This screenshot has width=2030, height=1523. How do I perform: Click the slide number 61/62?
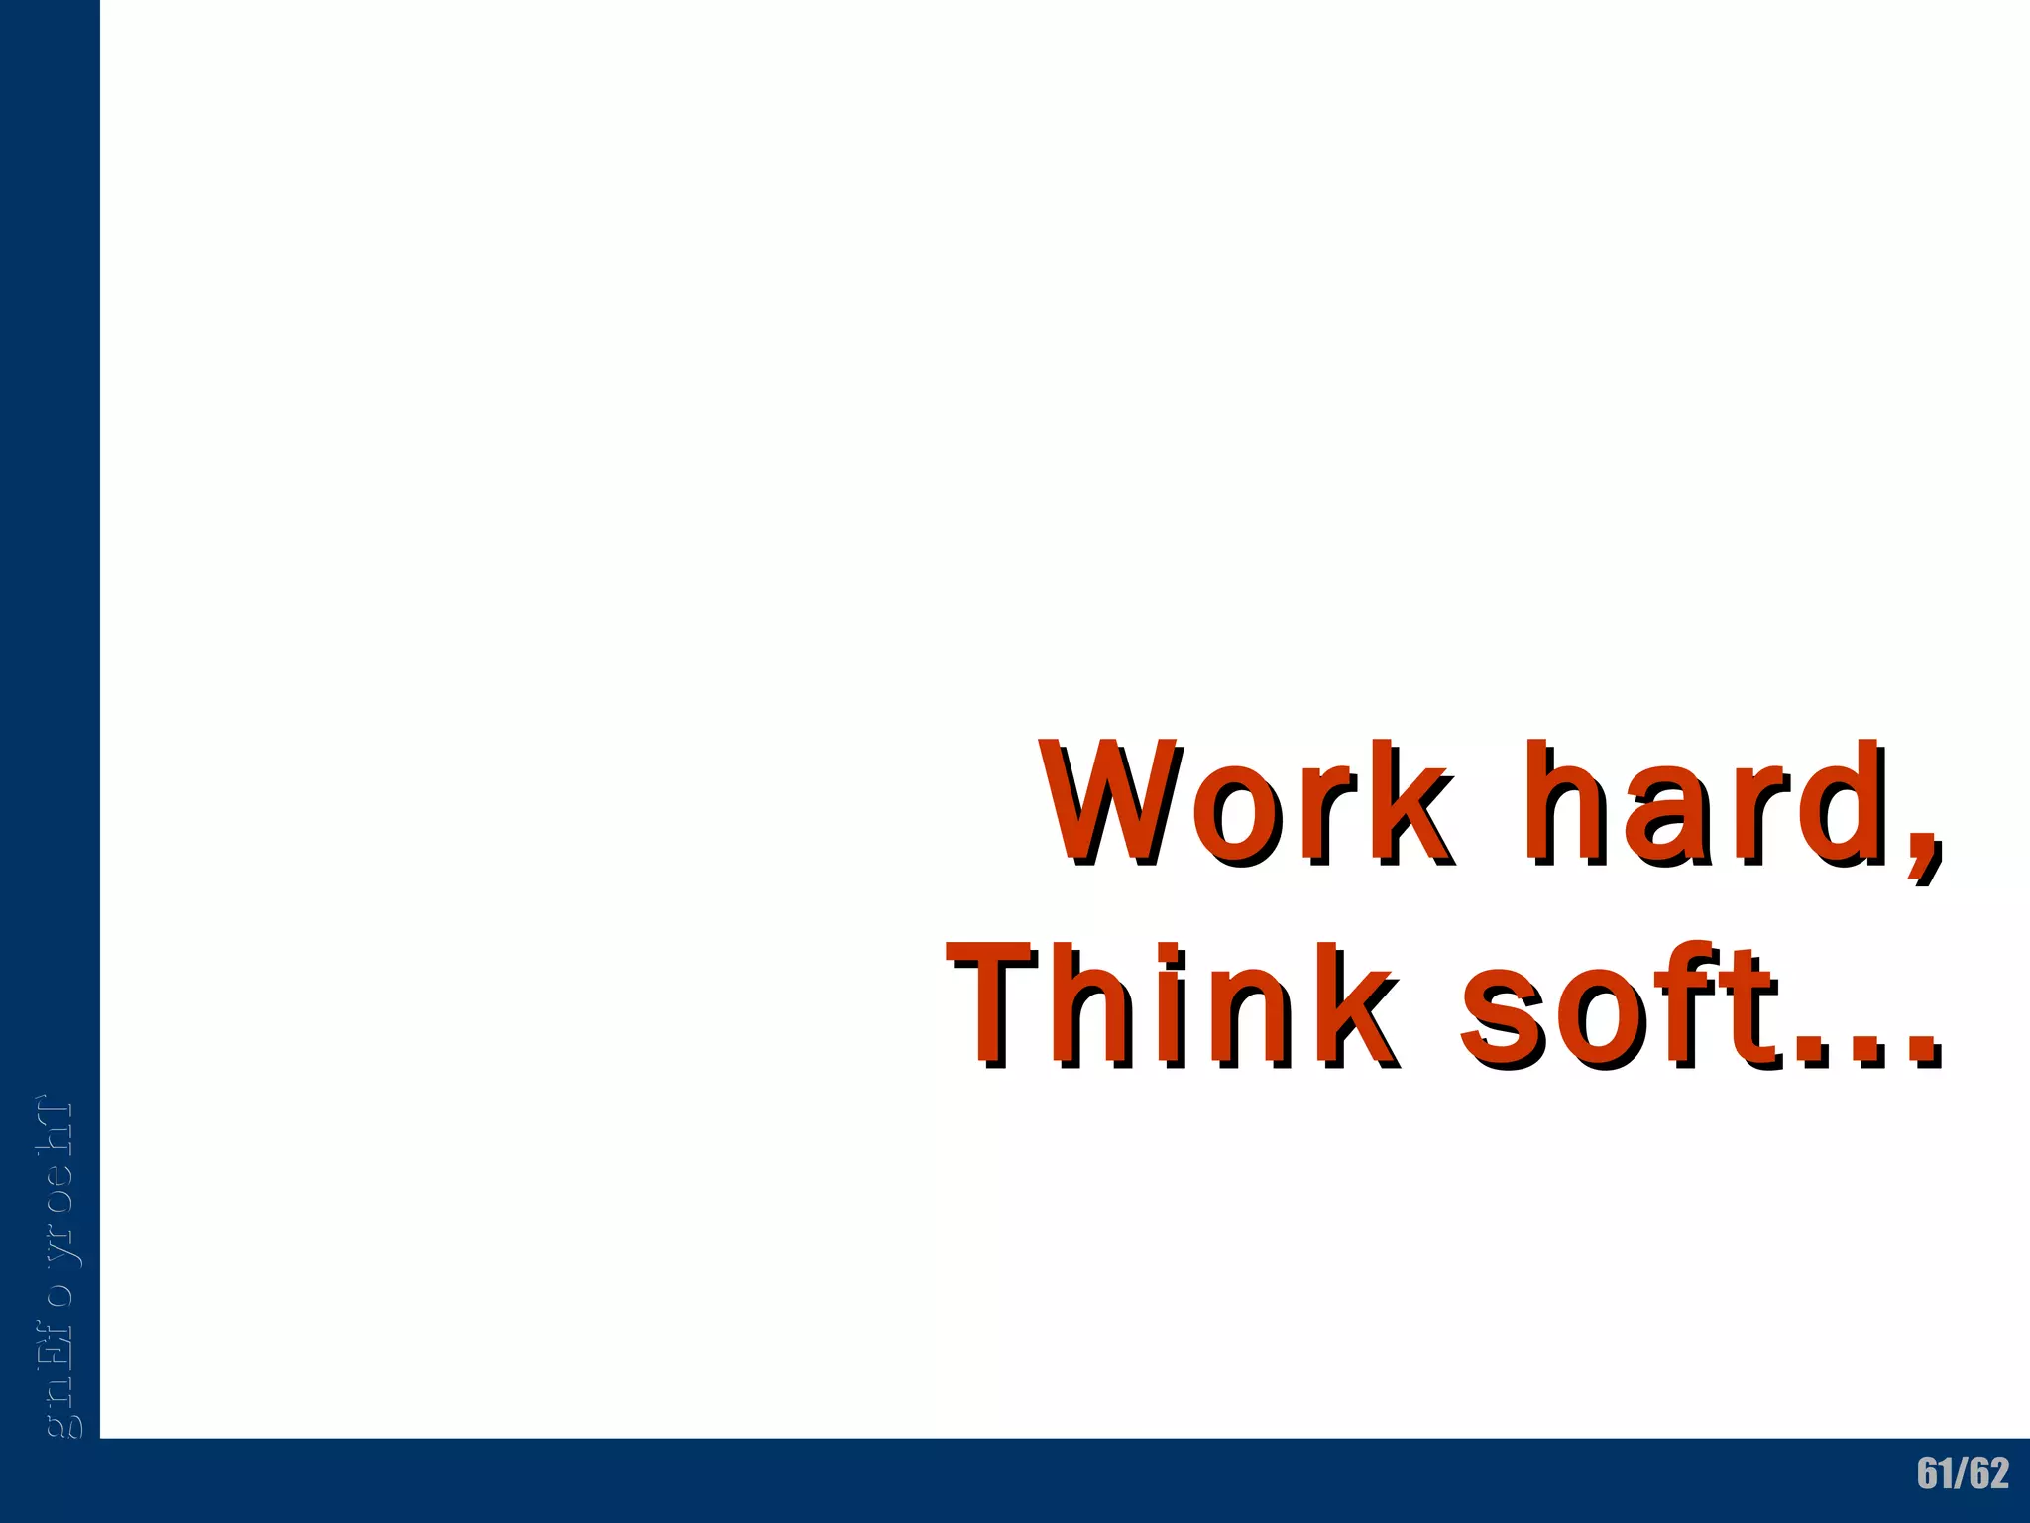point(1962,1473)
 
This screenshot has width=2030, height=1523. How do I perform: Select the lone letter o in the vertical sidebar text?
point(59,1293)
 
